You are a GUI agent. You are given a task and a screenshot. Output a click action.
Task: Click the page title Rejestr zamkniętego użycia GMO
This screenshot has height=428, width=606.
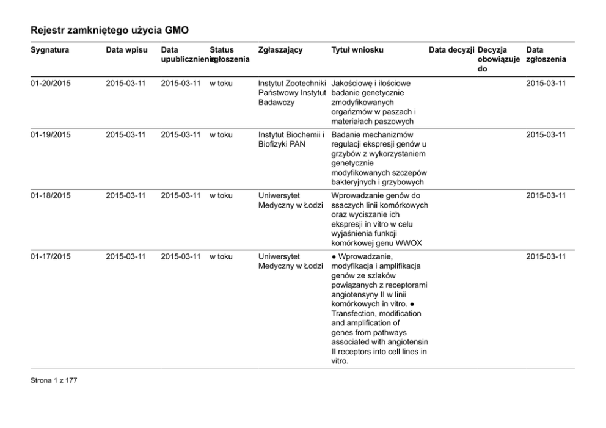pos(110,29)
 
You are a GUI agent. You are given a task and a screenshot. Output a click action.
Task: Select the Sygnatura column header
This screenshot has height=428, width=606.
pos(49,49)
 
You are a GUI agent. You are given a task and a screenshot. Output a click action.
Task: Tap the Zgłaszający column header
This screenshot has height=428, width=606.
pos(280,49)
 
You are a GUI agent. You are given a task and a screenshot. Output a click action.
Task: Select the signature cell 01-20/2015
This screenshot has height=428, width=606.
pos(51,83)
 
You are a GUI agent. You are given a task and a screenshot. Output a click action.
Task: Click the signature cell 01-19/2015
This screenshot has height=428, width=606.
pos(51,134)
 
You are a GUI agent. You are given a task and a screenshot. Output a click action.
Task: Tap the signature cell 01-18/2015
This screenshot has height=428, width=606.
pos(51,195)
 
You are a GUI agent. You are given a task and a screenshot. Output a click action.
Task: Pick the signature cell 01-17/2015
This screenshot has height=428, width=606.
pos(51,256)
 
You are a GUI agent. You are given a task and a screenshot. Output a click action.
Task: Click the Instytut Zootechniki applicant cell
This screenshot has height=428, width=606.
pos(292,83)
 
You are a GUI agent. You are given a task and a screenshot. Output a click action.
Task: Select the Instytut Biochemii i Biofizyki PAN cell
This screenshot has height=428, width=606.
pos(290,139)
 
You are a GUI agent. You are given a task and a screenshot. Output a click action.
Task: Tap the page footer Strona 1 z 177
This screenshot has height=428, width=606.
pos(54,381)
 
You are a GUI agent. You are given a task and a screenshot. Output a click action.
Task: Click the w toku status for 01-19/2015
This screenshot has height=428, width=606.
pos(221,134)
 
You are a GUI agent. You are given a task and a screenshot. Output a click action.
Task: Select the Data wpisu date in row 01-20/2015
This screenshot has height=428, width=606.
pos(125,83)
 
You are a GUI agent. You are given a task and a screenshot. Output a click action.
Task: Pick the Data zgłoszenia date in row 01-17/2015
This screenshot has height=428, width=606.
pos(546,256)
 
